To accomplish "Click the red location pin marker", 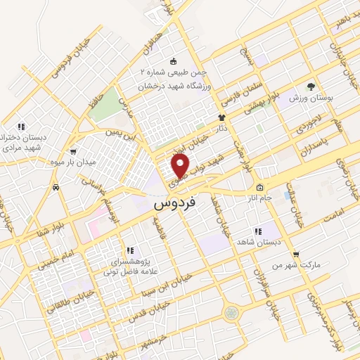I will coord(181,166).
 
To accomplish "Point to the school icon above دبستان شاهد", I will coord(257,230).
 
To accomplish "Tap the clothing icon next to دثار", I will coord(221,117).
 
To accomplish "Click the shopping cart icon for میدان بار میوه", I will coord(74,151).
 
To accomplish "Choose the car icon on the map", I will coord(55,187).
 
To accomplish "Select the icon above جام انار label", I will coord(259,187).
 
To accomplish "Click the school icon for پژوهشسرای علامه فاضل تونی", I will coord(129,250).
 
